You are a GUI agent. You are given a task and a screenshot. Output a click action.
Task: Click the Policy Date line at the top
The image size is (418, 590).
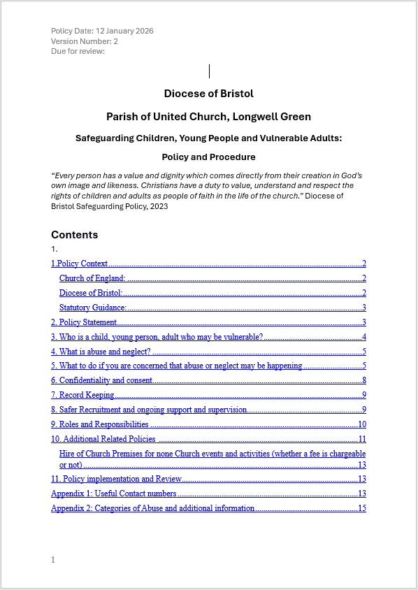point(102,31)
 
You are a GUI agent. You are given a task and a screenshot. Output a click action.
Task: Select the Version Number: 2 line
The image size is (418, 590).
point(84,41)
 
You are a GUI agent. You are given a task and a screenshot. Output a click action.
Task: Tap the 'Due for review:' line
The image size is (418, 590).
point(78,51)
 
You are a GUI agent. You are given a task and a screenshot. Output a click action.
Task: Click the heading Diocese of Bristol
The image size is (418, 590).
point(208,94)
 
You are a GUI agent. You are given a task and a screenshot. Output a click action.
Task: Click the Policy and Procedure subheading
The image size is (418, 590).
point(208,157)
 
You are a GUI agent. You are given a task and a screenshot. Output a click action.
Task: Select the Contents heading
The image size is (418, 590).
point(74,235)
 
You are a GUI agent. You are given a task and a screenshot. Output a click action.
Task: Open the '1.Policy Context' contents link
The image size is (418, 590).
point(80,264)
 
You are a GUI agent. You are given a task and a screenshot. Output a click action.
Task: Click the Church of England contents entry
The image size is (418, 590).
point(92,278)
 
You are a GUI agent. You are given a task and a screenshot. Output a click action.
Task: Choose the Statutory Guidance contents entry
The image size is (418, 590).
point(92,308)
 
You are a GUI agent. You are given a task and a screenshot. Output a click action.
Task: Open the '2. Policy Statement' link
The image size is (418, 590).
point(84,322)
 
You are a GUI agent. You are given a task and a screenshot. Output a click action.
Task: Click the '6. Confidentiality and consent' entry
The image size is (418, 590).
point(102,380)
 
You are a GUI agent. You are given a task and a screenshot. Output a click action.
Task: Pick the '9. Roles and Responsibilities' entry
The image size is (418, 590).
point(100,424)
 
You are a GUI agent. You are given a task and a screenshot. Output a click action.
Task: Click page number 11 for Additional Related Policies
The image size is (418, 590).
point(362,439)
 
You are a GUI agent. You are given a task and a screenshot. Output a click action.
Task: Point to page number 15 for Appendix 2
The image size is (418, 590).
point(362,508)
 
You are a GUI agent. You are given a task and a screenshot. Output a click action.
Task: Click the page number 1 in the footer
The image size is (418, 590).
point(53,560)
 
